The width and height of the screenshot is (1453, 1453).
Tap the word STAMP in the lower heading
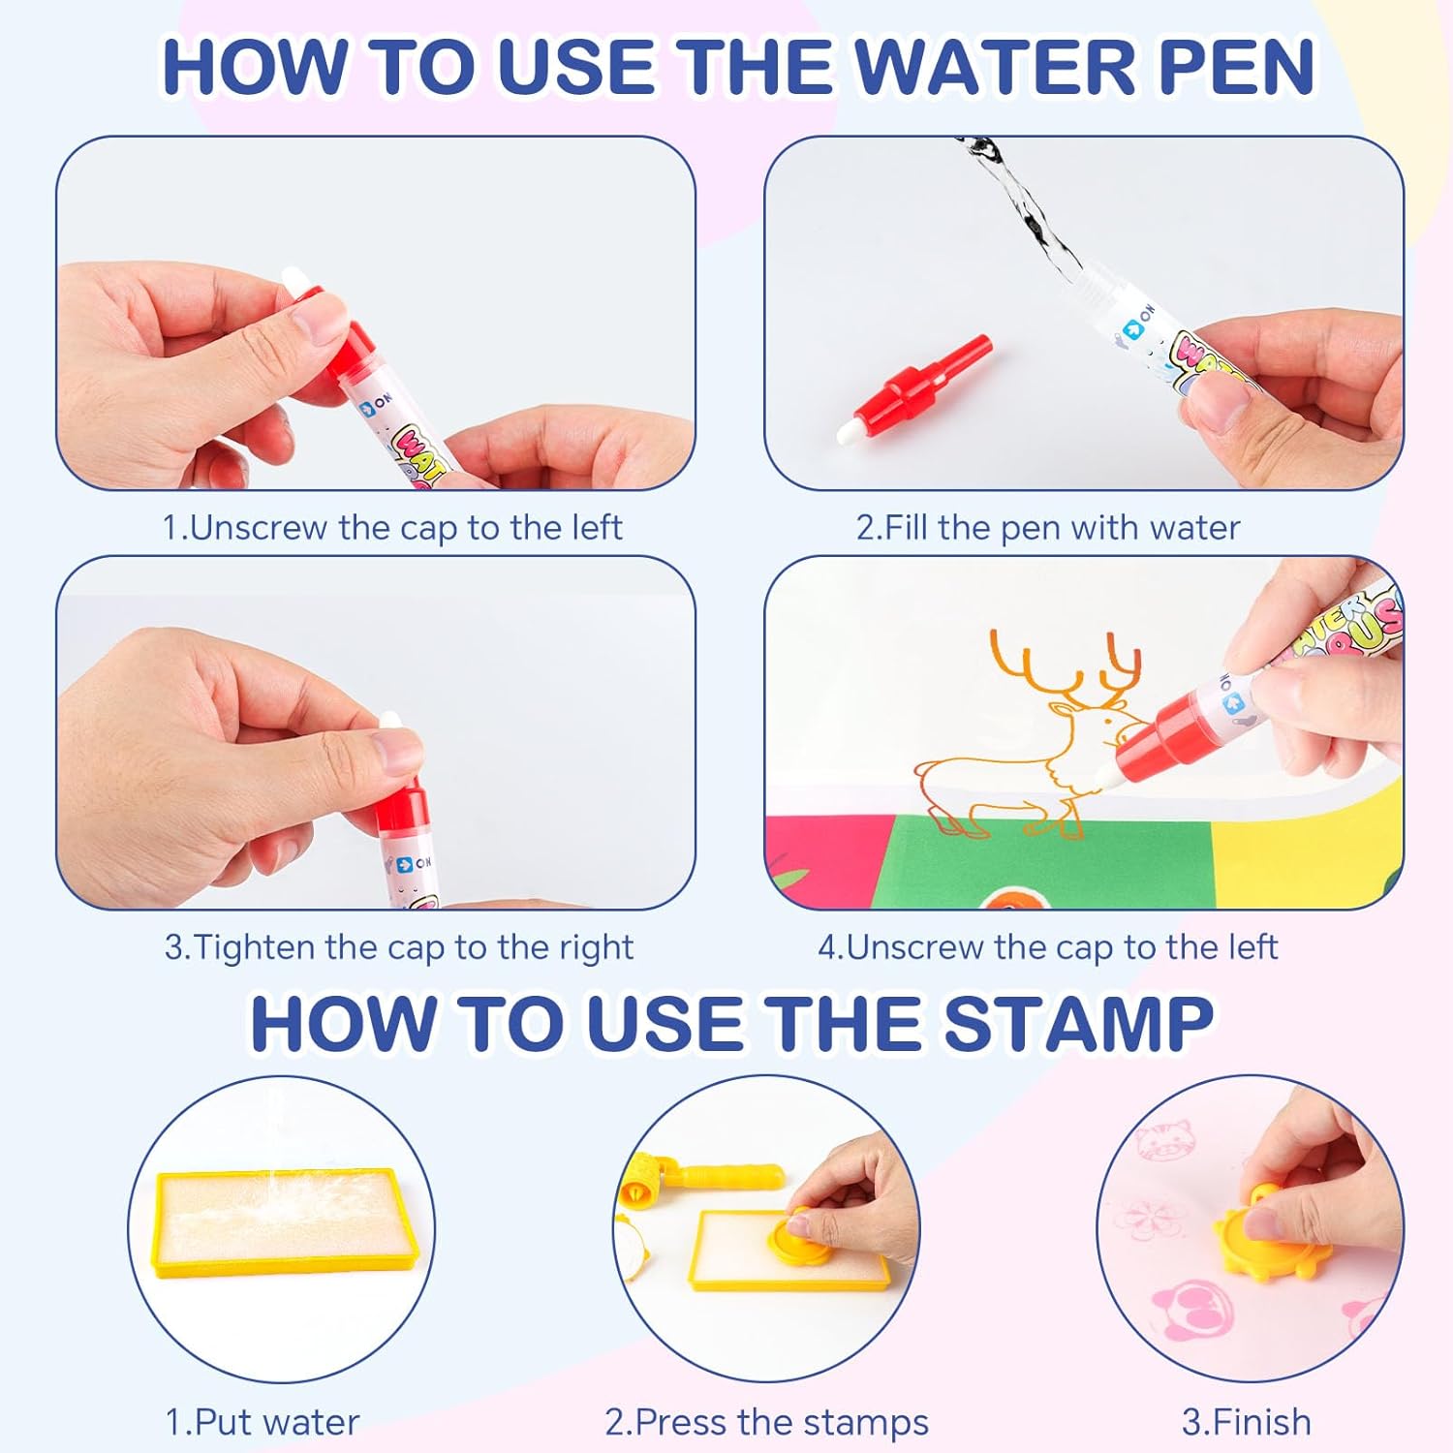pyautogui.click(x=1078, y=1023)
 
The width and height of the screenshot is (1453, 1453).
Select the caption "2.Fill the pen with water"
pyautogui.click(x=1047, y=528)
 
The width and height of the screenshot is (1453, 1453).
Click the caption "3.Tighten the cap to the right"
pyautogui.click(x=398, y=947)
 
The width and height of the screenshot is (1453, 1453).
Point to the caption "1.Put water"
pyautogui.click(x=263, y=1422)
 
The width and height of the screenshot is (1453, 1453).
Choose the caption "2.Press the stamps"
pyautogui.click(x=766, y=1423)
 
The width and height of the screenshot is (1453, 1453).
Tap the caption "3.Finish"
pyautogui.click(x=1247, y=1422)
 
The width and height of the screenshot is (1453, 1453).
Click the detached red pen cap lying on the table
pyautogui.click(x=915, y=388)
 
